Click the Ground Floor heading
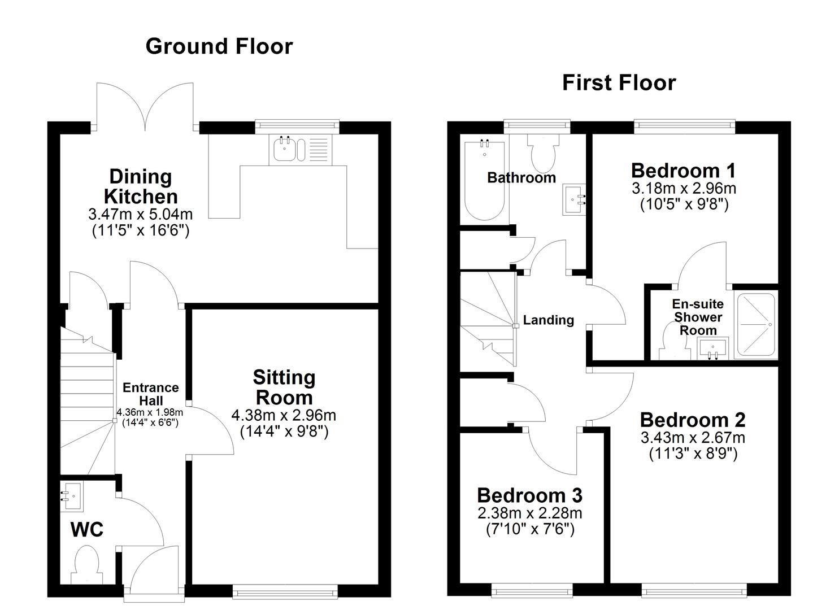[219, 46]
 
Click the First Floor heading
[619, 83]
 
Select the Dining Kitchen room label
[141, 186]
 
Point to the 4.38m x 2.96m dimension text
[284, 416]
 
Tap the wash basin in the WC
[72, 493]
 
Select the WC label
[86, 530]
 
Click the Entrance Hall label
[150, 394]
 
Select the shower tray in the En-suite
[755, 325]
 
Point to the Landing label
[548, 320]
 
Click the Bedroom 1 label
[684, 170]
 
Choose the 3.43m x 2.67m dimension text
[692, 438]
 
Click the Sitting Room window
[285, 591]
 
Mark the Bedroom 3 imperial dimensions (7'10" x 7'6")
[530, 530]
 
